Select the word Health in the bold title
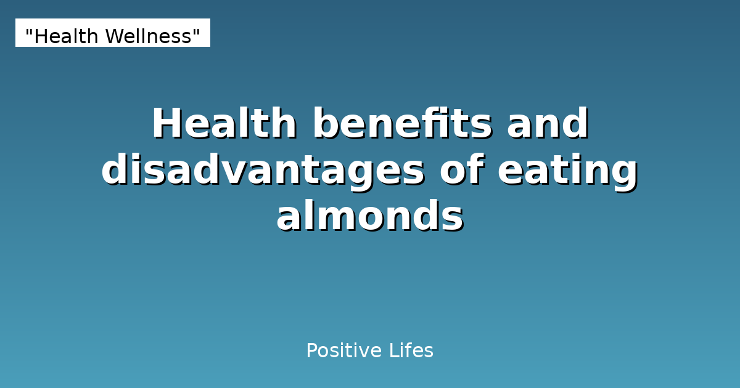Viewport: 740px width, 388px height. (224, 124)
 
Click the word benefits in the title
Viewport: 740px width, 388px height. (402, 124)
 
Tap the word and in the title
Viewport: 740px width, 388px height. (548, 124)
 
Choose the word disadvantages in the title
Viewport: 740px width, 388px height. (263, 171)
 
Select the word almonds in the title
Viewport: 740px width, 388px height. (369, 217)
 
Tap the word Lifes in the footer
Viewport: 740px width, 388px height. (411, 351)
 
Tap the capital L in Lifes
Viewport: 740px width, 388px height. (393, 351)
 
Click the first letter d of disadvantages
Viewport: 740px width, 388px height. (113, 171)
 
